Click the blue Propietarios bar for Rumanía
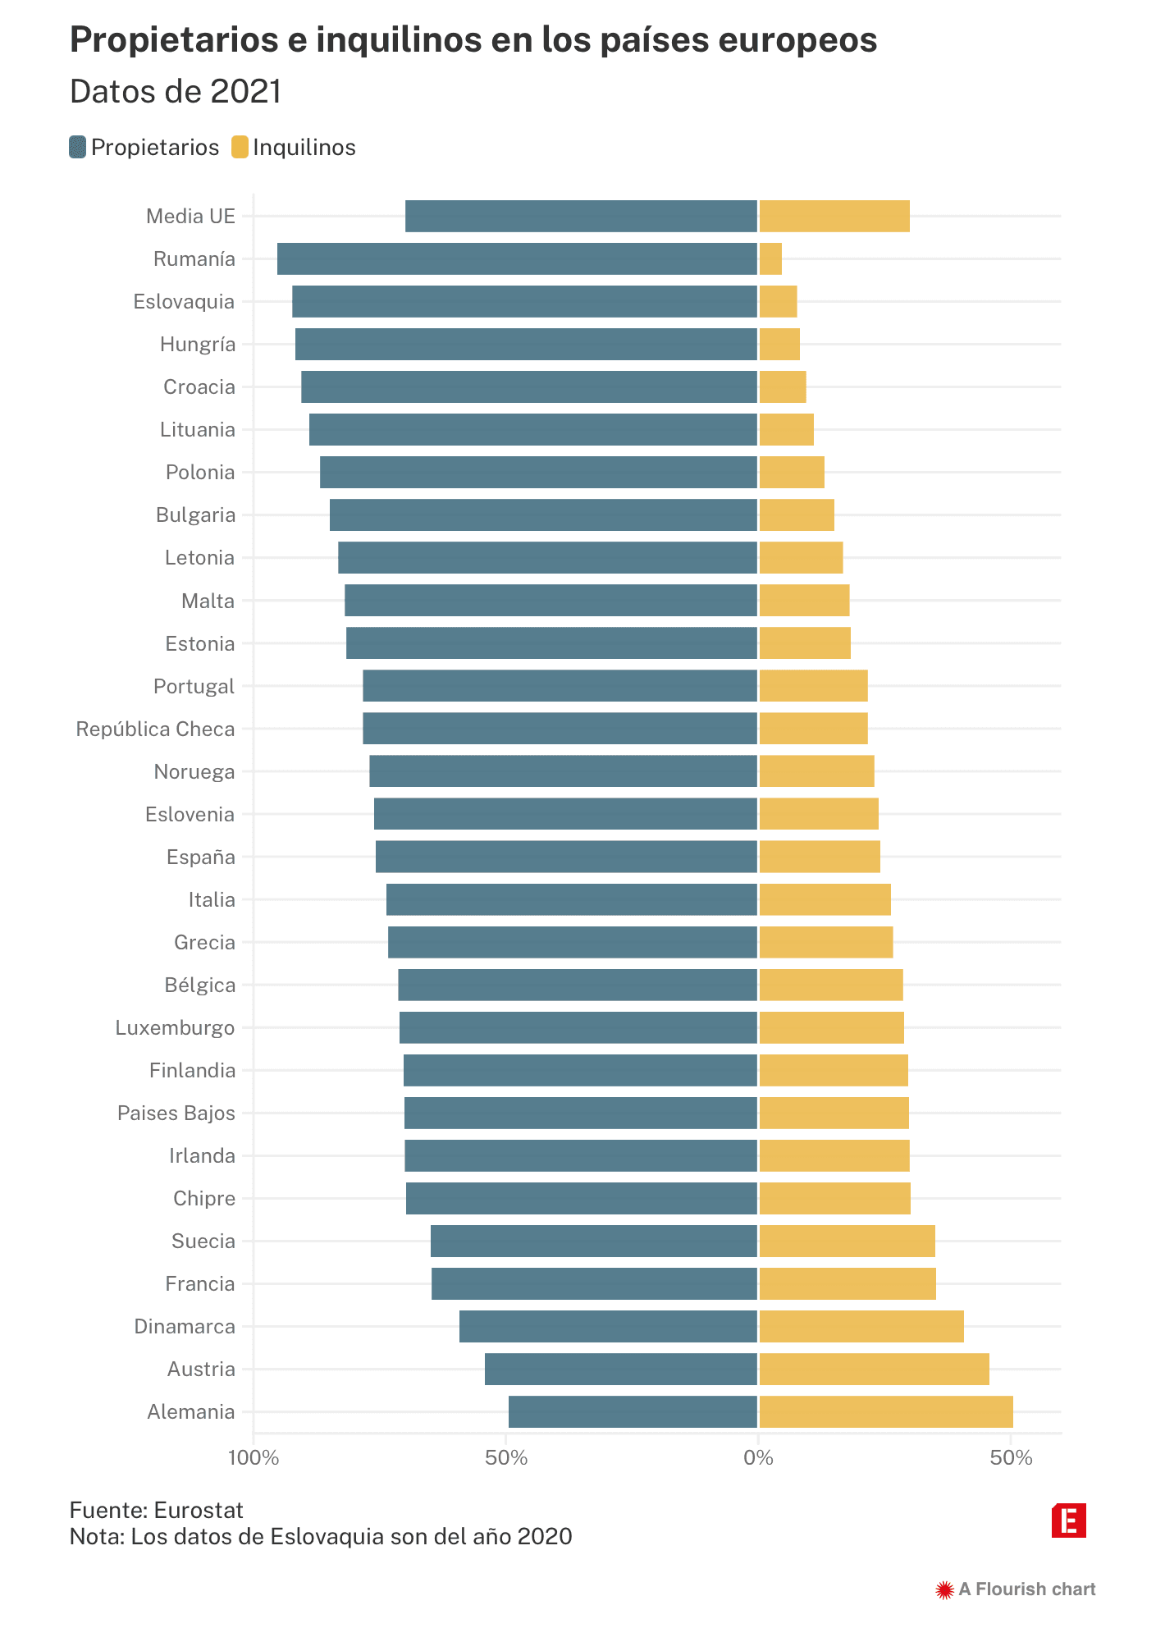coord(517,258)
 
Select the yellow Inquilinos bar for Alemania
coord(885,1411)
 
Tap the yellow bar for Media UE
coord(834,216)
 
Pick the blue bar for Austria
coord(620,1369)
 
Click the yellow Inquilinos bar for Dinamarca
coord(861,1326)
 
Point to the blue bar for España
coord(566,857)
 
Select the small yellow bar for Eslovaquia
coord(778,301)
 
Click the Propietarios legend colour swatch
coord(78,148)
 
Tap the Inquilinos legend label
coord(304,148)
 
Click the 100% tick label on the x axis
coord(254,1458)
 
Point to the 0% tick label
coord(758,1458)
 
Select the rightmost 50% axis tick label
coord(1011,1458)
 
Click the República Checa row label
coord(155,729)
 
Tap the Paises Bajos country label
coord(176,1113)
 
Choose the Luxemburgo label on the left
coord(175,1027)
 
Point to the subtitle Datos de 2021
coord(176,92)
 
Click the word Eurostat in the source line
coord(199,1510)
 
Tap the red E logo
coord(1068,1521)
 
